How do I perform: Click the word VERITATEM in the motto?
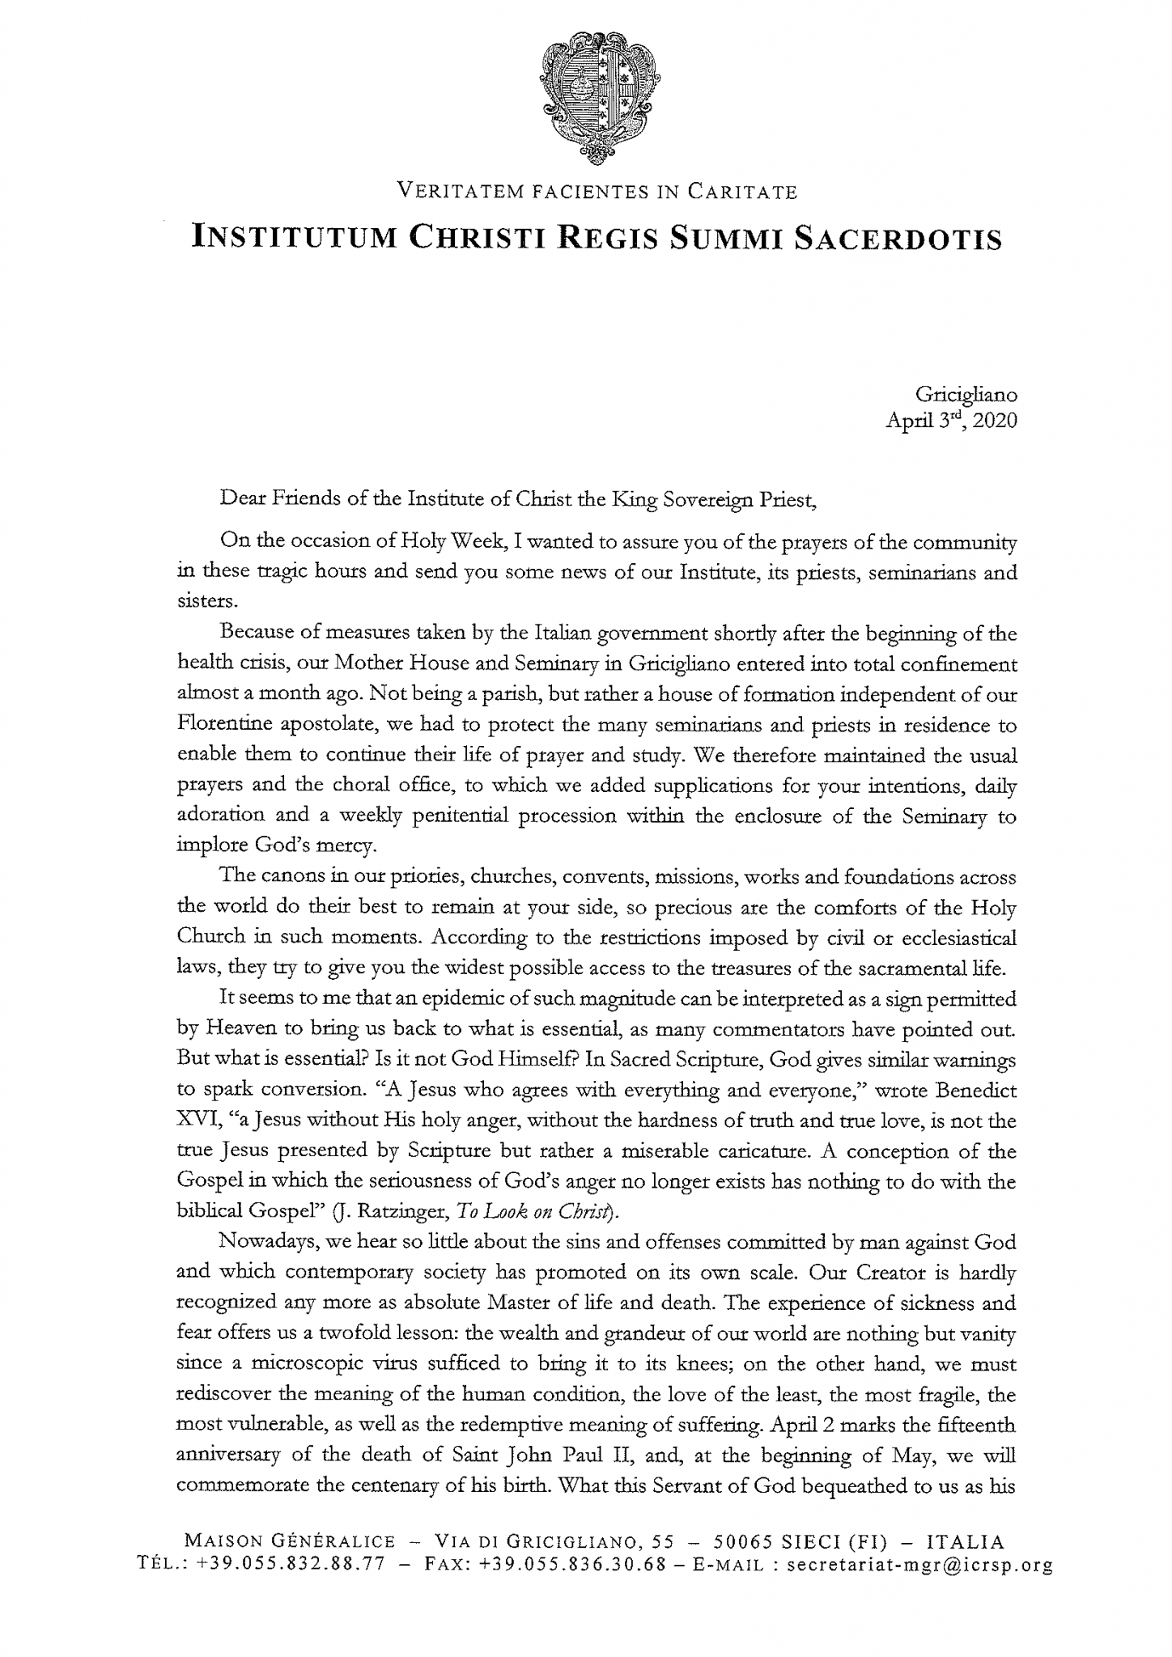coord(454,192)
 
